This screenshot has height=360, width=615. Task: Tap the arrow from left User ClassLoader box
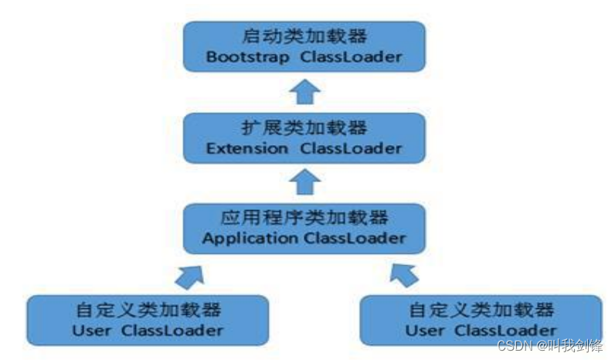(x=190, y=273)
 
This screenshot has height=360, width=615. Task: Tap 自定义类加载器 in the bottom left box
(x=148, y=311)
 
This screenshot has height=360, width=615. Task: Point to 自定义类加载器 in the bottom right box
(x=481, y=311)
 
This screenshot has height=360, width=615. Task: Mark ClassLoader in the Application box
(x=354, y=238)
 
